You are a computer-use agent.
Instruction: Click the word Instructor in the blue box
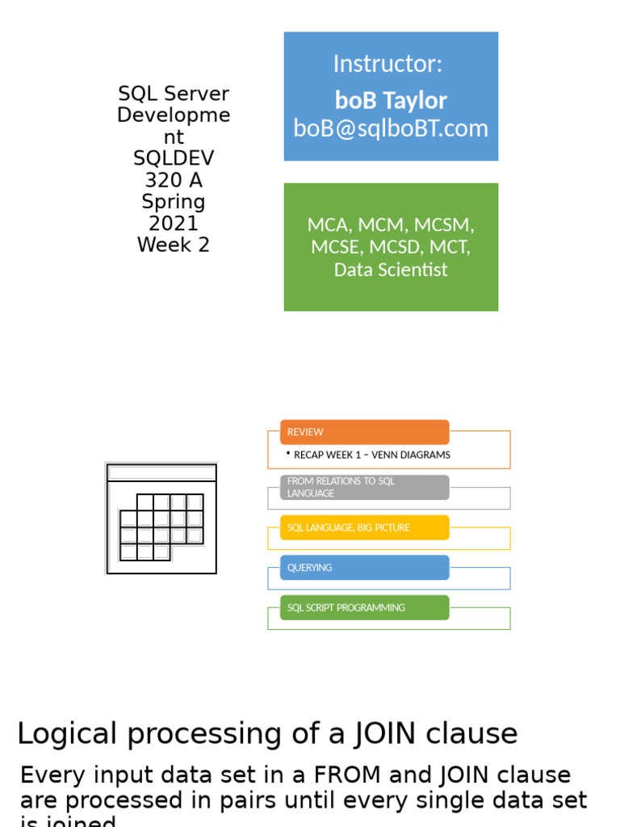387,64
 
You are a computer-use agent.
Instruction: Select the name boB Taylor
391,100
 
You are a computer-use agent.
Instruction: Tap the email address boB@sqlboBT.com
391,128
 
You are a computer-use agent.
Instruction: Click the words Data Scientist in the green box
391,270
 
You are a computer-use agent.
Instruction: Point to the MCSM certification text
443,225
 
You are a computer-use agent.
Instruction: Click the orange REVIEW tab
364,432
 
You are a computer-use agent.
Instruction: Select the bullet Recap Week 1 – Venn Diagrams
371,455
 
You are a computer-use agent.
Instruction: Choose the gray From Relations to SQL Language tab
364,487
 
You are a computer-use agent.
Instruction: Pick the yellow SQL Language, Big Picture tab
364,527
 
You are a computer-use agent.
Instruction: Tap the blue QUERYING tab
364,568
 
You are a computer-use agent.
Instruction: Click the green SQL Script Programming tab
364,607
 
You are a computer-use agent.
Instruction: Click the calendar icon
161,518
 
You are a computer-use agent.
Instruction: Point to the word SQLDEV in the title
174,158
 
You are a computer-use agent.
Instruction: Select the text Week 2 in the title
174,245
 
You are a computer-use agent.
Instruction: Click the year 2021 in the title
174,223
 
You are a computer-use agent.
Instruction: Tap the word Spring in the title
174,201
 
